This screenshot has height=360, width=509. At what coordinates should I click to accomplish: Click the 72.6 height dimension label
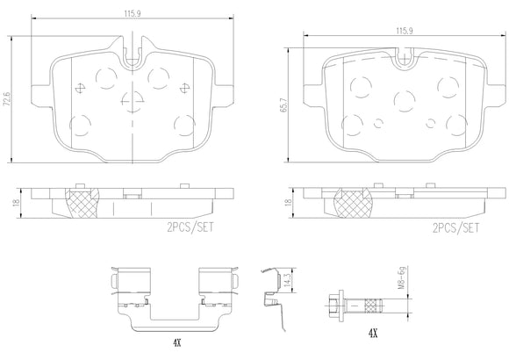[7, 98]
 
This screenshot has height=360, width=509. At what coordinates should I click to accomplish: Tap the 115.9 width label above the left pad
[132, 14]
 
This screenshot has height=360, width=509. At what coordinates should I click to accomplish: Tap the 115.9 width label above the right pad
[405, 31]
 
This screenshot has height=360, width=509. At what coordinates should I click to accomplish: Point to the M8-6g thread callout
[402, 278]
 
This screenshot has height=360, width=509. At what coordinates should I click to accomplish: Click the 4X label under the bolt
[373, 333]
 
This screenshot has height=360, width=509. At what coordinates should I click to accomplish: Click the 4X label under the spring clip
[176, 342]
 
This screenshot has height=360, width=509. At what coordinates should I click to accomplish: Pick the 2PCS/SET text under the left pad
[190, 227]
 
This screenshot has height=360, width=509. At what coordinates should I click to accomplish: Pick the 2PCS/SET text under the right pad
[455, 227]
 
